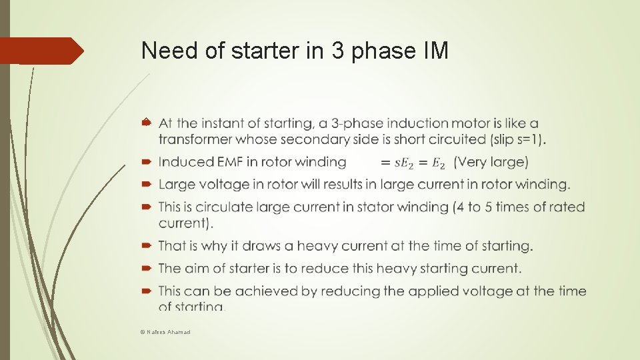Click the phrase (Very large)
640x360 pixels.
tap(491, 162)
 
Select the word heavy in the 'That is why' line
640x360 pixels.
tap(318, 246)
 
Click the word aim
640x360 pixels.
tap(197, 269)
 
